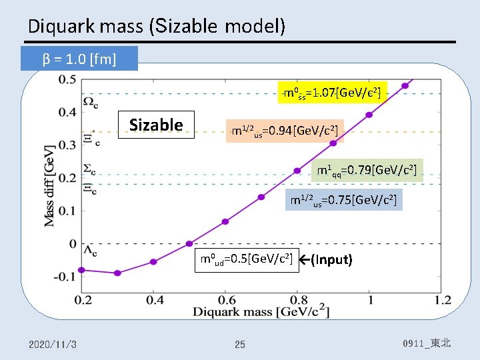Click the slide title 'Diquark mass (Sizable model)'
click(157, 26)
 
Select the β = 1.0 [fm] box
click(79, 59)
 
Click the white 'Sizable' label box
click(156, 125)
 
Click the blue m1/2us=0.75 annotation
click(344, 199)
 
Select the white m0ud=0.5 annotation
click(245, 259)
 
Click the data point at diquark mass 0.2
click(81, 270)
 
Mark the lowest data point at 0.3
click(117, 273)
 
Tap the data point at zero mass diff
click(189, 243)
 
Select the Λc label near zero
click(90, 251)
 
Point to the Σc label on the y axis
click(90, 169)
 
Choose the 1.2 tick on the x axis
click(441, 300)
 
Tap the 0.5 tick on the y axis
click(67, 80)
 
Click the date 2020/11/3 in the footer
click(53, 344)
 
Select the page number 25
click(240, 345)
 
